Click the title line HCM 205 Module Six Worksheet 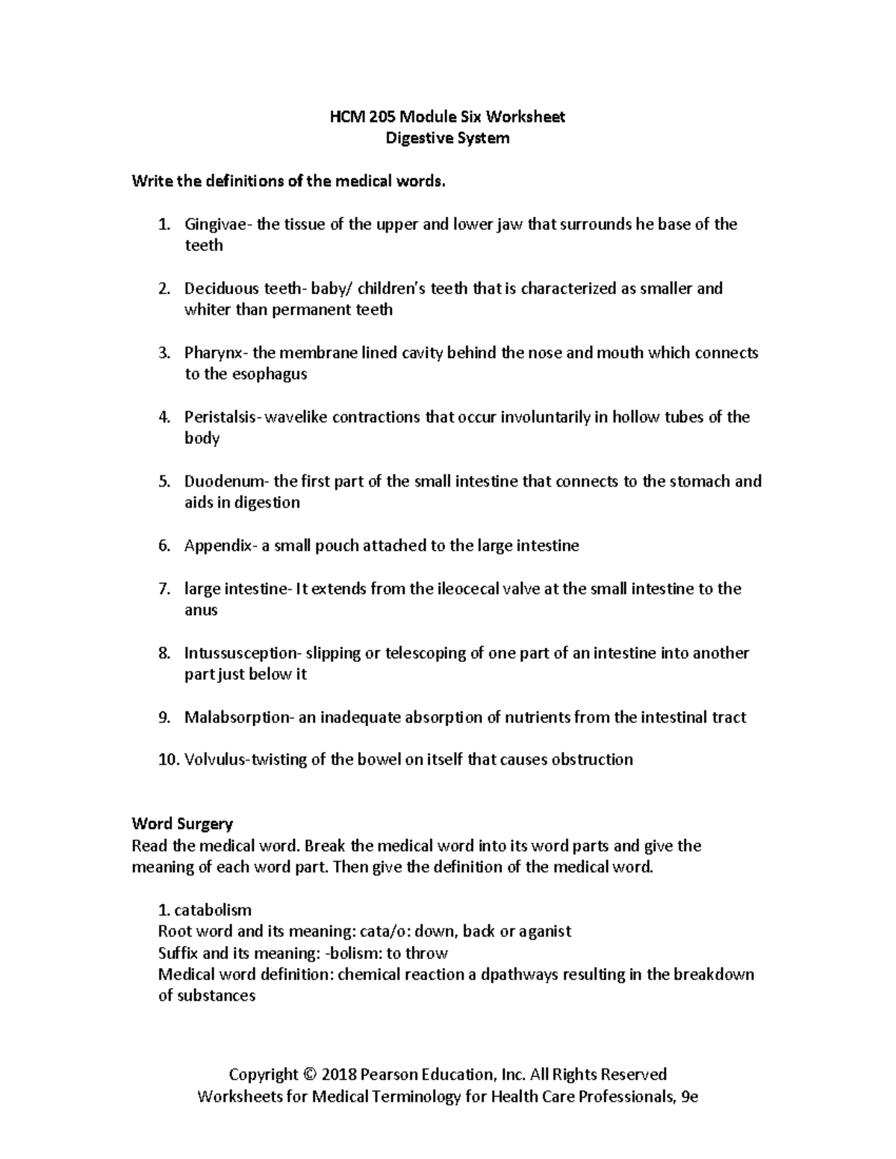[447, 116]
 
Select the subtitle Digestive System [447, 138]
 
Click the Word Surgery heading [182, 824]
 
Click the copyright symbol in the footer [310, 1075]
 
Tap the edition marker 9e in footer [688, 1096]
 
